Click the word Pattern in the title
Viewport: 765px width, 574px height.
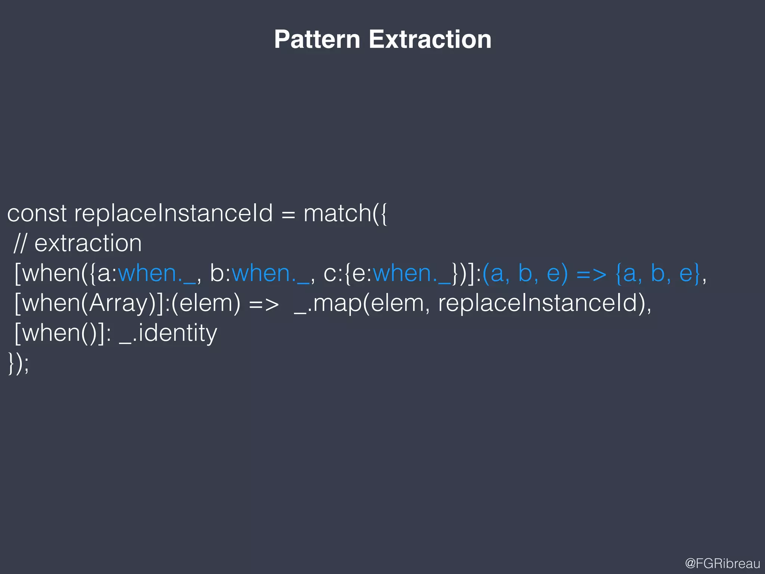[317, 39]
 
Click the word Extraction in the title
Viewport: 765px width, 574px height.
[430, 39]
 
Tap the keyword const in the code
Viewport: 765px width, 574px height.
[37, 213]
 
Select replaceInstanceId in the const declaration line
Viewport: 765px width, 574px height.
[173, 213]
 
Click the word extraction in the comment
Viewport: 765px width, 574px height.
[88, 243]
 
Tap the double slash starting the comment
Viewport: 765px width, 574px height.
[20, 243]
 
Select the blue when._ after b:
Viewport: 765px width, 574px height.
[270, 273]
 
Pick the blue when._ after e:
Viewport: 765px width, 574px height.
[412, 273]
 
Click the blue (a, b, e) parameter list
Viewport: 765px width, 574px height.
[525, 273]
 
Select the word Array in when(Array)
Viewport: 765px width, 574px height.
[119, 303]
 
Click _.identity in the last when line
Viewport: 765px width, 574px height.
[168, 333]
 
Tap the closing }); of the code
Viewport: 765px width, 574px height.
[18, 363]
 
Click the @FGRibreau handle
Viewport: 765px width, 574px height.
[722, 563]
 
